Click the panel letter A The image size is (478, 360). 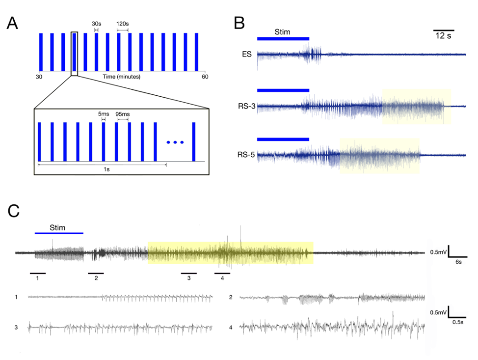click(13, 24)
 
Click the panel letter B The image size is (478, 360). click(239, 23)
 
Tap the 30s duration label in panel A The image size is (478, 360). click(96, 24)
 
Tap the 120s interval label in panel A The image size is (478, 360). click(122, 24)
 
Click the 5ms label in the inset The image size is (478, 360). click(103, 114)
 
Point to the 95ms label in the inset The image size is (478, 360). click(122, 114)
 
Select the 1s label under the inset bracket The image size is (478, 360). click(102, 169)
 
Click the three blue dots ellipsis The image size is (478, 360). click(175, 142)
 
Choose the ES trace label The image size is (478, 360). click(246, 54)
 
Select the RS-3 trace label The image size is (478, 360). click(244, 106)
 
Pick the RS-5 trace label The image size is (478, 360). click(244, 155)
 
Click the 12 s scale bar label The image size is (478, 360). click(443, 37)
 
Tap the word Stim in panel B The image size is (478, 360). click(282, 32)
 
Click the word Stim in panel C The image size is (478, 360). click(58, 228)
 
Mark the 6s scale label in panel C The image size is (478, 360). click(458, 263)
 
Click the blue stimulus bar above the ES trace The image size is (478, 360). click(283, 38)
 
